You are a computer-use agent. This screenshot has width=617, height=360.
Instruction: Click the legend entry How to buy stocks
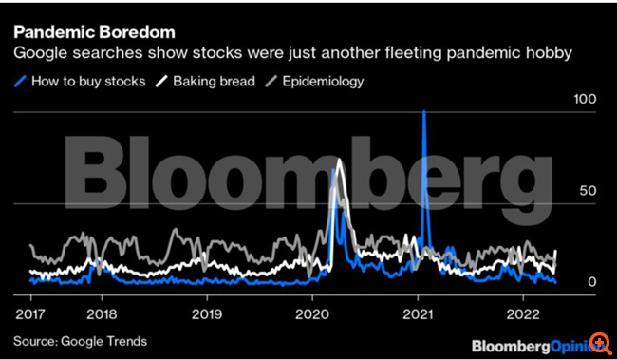(x=88, y=81)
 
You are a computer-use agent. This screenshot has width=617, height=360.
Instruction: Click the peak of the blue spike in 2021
(x=423, y=112)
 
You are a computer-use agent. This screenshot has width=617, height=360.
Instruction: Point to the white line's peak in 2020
(x=339, y=159)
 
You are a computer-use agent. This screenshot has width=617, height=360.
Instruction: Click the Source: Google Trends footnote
(x=80, y=340)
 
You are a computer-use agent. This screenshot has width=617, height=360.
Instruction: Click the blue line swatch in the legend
(x=21, y=81)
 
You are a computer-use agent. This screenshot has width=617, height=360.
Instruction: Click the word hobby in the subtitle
(x=548, y=55)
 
